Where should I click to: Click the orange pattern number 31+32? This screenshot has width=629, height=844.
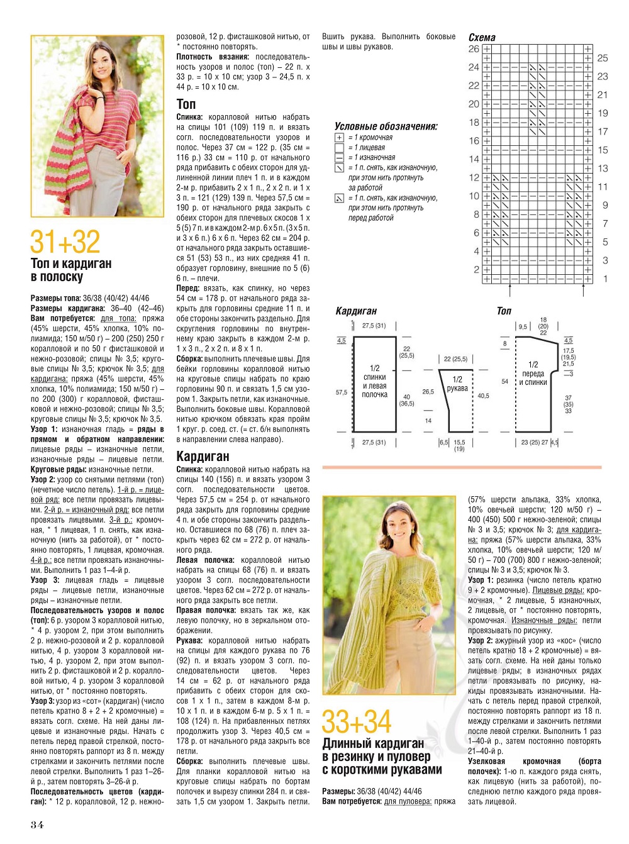[65, 242]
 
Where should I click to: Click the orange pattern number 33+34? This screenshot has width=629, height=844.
[356, 722]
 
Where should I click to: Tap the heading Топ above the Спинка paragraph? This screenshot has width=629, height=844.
[186, 104]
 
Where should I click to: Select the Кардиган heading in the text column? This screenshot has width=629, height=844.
[203, 456]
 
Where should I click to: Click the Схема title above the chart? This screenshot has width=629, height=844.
[482, 37]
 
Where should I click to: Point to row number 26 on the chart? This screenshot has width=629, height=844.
[474, 49]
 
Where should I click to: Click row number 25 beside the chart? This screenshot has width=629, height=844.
[602, 58]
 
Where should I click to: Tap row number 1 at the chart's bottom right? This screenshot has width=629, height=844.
[605, 279]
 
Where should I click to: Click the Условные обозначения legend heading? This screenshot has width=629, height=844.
[386, 126]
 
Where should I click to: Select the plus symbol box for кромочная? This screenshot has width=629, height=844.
[339, 138]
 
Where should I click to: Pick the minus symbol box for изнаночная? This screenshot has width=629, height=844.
[339, 157]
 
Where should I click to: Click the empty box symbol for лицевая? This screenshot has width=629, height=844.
[339, 148]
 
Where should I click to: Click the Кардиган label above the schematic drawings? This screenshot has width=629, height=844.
[356, 311]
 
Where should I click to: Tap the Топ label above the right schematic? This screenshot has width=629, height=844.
[504, 311]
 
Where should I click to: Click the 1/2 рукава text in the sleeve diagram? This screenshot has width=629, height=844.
[457, 384]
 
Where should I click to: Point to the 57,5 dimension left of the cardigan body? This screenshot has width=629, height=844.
[342, 392]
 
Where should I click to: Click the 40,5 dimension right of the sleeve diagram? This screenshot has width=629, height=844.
[483, 396]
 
